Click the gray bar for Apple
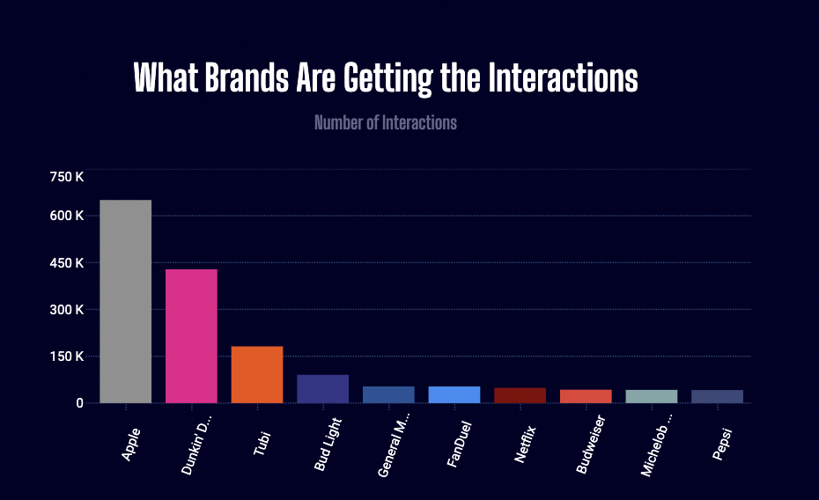point(125,301)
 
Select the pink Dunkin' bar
point(191,335)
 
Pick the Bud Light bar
point(322,388)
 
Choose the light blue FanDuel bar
point(454,394)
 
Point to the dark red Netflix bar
point(520,395)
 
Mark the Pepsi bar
point(717,396)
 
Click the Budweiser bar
point(586,396)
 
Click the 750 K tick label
point(67,177)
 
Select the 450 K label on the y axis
point(67,263)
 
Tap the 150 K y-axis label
point(67,357)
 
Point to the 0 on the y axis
point(78,403)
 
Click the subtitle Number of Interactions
point(386,122)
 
